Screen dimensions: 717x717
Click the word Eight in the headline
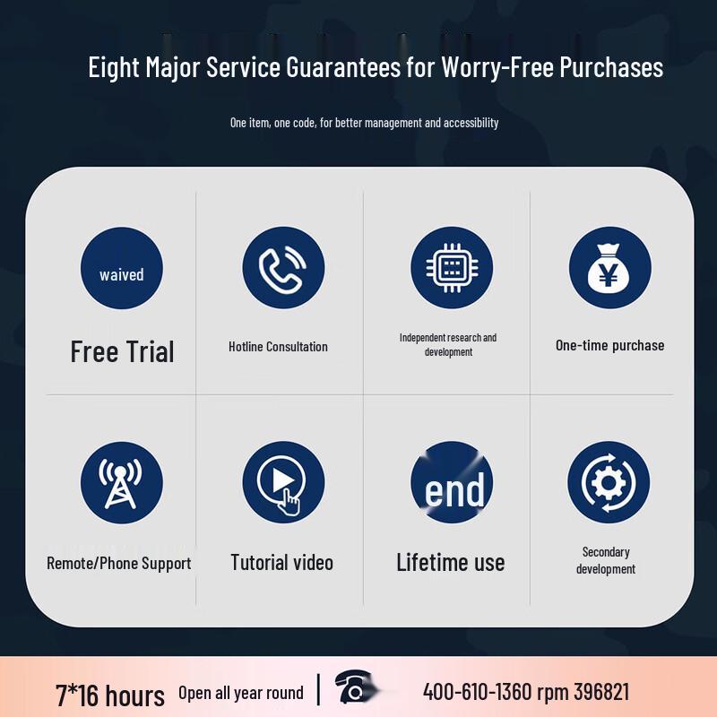click(x=114, y=68)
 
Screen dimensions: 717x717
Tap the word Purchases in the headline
click(x=611, y=66)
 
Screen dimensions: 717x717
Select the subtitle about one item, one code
click(x=364, y=123)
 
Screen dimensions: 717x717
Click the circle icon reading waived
click(x=122, y=268)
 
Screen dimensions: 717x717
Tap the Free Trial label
click(x=122, y=351)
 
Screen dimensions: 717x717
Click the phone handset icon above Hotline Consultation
click(x=283, y=267)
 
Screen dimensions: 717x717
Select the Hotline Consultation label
click(x=278, y=347)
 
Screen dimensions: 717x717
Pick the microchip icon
click(x=452, y=267)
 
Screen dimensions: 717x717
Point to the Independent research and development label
click(x=448, y=344)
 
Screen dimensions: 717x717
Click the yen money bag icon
click(x=610, y=267)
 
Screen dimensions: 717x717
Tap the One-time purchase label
click(x=610, y=345)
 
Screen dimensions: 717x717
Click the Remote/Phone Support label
click(x=119, y=564)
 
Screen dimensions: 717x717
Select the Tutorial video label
click(x=281, y=563)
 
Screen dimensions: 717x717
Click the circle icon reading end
click(x=452, y=482)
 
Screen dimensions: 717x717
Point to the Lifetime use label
click(x=451, y=563)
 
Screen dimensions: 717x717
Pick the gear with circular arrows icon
click(x=609, y=482)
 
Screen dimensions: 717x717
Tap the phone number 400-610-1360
click(x=478, y=692)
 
